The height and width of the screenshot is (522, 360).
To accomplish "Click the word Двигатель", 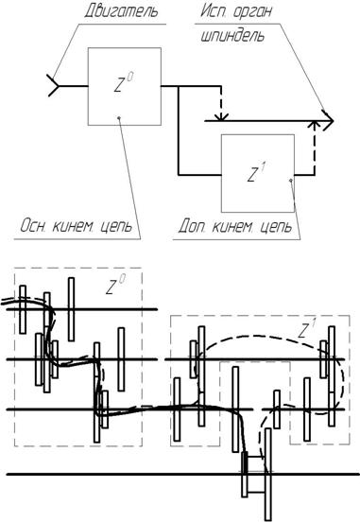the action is click(x=121, y=11).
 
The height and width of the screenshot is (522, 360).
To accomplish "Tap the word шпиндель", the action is click(x=232, y=36).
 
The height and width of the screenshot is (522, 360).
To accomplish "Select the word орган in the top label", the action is click(x=252, y=12).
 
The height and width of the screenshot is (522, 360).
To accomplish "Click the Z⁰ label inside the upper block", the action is click(x=124, y=82).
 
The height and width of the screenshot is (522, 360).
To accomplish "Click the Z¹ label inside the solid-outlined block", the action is click(x=256, y=172).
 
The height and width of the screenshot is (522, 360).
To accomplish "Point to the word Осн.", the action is click(x=32, y=226).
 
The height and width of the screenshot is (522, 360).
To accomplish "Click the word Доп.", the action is click(x=192, y=226).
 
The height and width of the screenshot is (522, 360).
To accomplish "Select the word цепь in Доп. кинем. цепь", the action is click(x=276, y=227).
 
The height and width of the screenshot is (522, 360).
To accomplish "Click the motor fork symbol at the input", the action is click(x=54, y=86).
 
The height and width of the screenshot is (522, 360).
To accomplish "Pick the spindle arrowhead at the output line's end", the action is click(x=328, y=120).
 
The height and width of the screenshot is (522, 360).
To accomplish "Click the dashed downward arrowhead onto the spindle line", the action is click(x=221, y=116).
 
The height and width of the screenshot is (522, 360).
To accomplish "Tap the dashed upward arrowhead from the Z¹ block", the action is click(x=314, y=125).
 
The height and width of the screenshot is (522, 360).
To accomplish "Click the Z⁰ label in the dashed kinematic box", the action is click(x=115, y=285).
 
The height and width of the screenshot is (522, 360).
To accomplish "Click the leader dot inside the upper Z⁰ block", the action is click(x=119, y=117).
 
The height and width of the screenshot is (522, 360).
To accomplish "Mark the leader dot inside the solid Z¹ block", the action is click(x=291, y=180).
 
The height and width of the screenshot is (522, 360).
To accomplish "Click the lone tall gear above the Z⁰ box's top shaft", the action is click(x=71, y=309).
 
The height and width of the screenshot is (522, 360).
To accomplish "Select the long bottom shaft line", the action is click(x=182, y=474).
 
